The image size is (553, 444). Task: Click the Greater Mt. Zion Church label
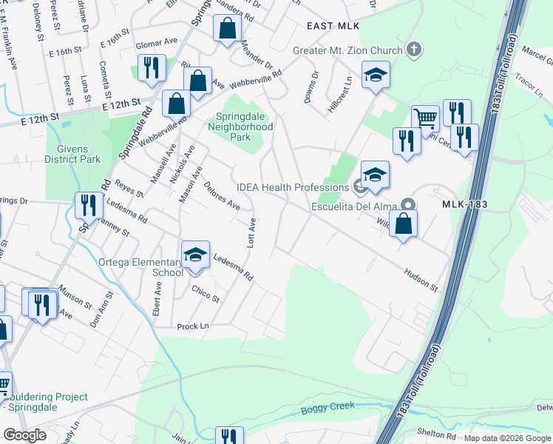[347, 50]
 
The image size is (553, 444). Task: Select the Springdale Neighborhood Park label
[244, 127]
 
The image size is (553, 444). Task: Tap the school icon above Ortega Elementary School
[196, 255]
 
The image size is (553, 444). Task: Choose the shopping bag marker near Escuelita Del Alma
[403, 223]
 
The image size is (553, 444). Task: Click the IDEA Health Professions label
[292, 188]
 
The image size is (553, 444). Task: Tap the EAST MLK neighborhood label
[333, 26]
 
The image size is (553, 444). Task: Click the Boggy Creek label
[328, 406]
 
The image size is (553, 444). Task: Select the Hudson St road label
[421, 280]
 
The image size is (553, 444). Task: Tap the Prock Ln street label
[193, 326]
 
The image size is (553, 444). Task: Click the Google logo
[24, 434]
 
